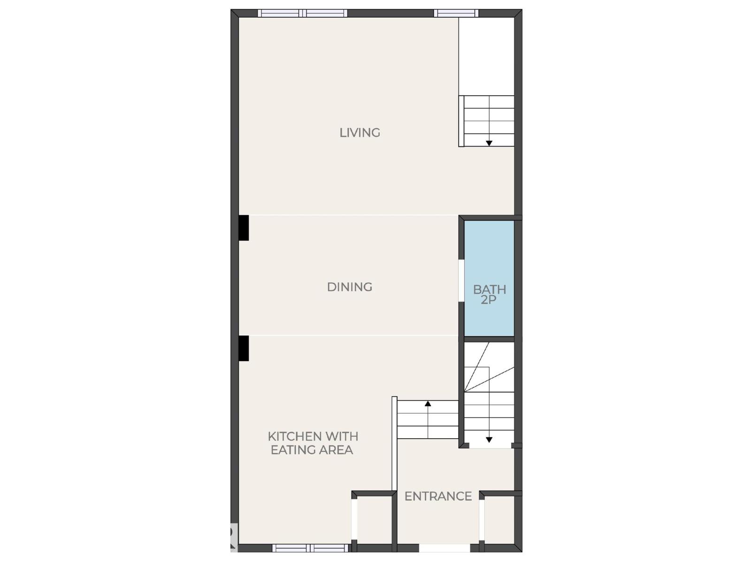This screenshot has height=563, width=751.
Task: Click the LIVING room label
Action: pos(360,133)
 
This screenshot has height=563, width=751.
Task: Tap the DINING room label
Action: pos(350,287)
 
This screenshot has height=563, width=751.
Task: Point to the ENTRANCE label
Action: pos(438,496)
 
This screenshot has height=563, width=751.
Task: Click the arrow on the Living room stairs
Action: pos(489,143)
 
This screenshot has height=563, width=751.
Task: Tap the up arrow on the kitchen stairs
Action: pos(428,403)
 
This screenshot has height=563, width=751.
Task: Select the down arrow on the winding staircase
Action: pos(489,440)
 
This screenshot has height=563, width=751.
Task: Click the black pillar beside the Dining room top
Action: pos(243,228)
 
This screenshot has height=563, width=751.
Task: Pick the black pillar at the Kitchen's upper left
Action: pos(243,348)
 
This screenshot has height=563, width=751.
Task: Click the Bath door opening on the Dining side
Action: pos(461,280)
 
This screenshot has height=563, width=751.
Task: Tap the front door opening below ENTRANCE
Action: pos(444,548)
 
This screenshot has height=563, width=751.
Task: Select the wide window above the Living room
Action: pos(303,13)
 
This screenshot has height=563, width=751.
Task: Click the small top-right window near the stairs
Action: pos(455,13)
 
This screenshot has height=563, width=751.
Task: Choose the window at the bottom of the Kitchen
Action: pos(310,548)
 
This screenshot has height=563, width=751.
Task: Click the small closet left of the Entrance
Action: pos(374,520)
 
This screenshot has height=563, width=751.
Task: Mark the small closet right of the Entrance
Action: pos(499,520)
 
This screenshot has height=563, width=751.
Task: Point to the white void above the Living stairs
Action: pos(486,56)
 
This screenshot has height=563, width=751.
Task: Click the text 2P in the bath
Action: pos(489,300)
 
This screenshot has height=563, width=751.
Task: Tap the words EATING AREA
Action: pos(312,450)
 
